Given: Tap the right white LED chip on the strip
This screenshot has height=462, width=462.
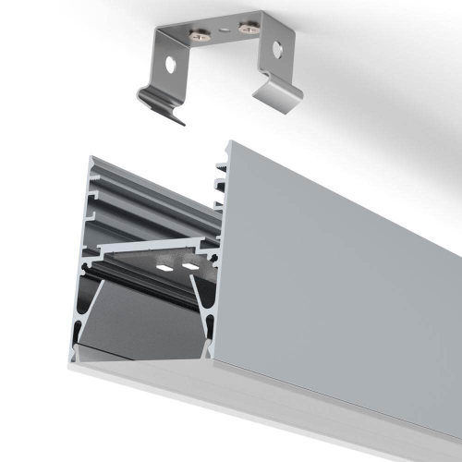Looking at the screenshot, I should pos(191,267).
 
